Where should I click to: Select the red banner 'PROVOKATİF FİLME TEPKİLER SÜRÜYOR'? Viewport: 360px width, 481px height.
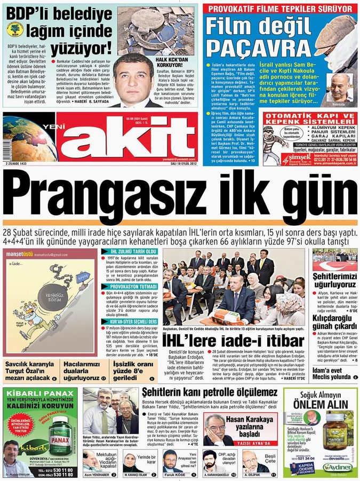279,9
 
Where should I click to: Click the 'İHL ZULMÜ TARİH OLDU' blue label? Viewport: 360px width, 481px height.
133,251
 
